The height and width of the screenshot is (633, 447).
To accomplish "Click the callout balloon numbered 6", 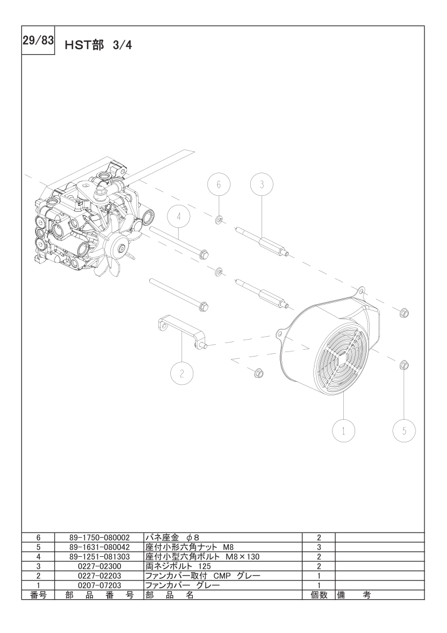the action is [219, 184].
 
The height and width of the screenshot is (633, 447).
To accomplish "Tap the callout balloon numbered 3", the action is [262, 184].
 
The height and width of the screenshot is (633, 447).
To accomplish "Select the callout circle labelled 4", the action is [178, 217].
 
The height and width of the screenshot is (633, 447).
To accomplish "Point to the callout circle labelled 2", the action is [182, 373].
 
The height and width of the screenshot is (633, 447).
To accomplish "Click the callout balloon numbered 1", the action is [343, 431].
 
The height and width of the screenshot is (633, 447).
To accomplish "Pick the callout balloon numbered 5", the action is [404, 430].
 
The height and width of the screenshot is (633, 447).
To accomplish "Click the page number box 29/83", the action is [38, 41].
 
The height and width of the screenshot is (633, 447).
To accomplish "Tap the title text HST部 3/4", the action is [98, 45].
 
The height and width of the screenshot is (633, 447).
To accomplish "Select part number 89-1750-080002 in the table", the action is [99, 537].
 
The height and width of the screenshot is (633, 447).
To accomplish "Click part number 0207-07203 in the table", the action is [99, 585].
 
